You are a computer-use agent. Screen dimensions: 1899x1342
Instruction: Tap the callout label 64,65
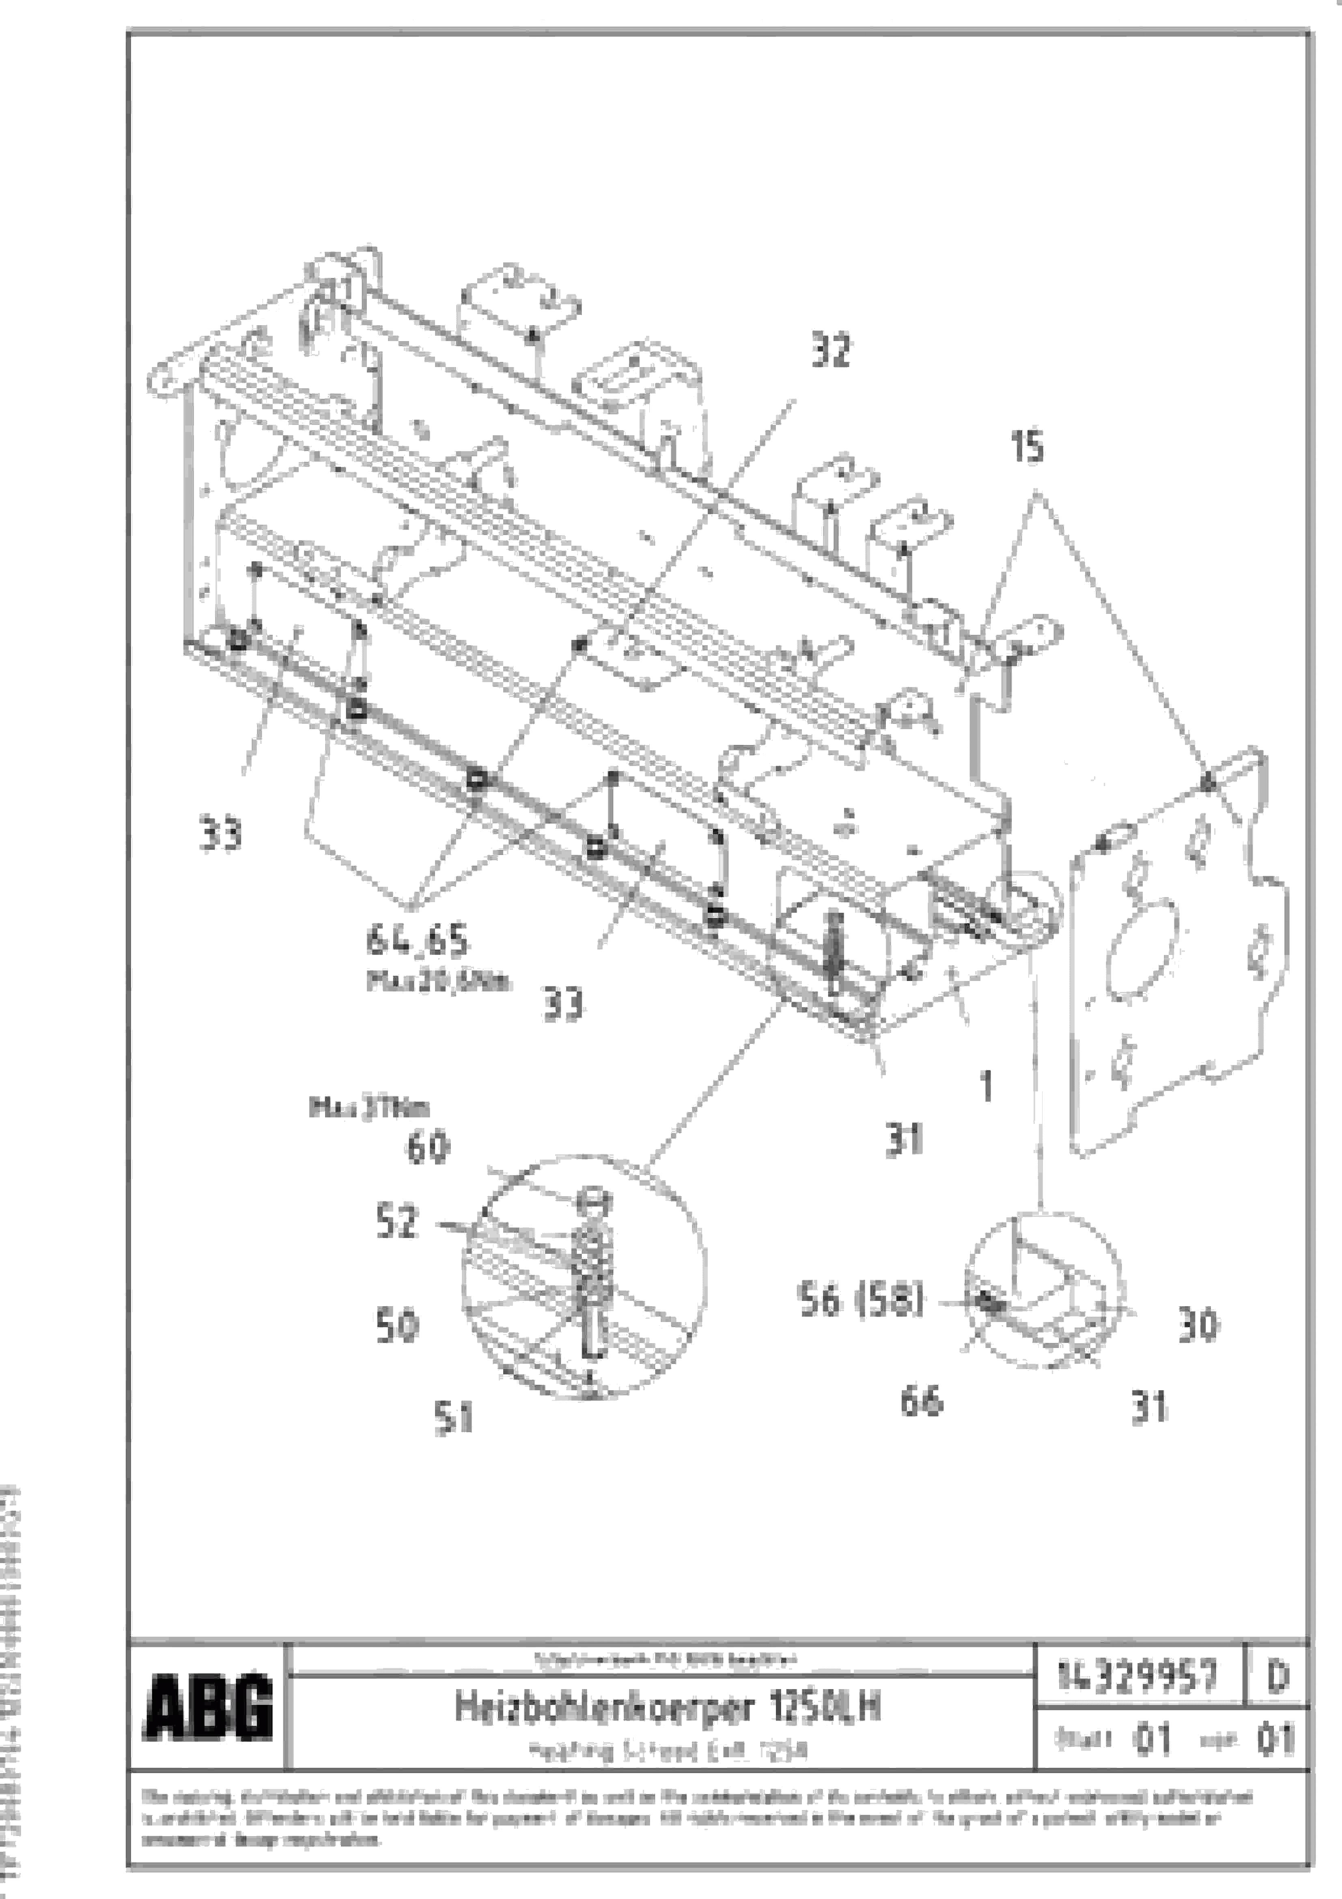point(417,941)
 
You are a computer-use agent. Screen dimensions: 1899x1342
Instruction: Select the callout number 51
point(453,1419)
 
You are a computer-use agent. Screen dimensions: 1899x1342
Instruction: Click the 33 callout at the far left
point(221,834)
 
